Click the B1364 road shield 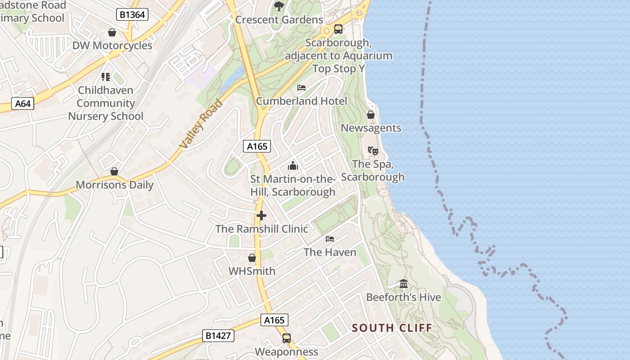coord(133,15)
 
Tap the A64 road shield coord(22,104)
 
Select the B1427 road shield coord(218,336)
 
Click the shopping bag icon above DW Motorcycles coord(112,32)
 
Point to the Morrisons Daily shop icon coord(114,171)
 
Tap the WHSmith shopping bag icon coord(252,258)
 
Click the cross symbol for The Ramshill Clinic coord(261,216)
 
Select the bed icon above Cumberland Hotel coord(301,87)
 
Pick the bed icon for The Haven coord(330,238)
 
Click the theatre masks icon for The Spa coord(373,151)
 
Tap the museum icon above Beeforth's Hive coord(404,284)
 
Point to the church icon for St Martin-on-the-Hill coord(293,166)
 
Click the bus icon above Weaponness coord(287,338)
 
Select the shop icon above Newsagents coord(371,115)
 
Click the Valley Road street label coord(201,124)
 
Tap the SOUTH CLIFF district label coord(391,328)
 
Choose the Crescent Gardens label coord(279,20)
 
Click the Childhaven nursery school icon coord(106,77)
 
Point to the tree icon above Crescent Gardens coord(279,6)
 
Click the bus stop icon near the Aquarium coord(338,30)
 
